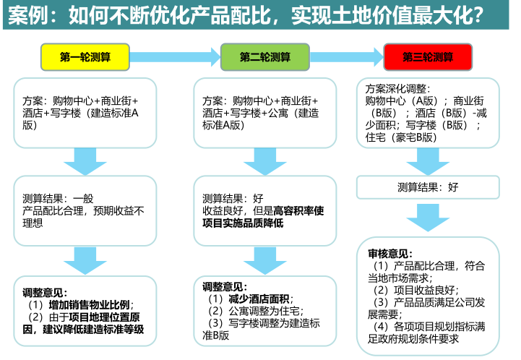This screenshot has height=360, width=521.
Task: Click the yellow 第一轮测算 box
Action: pos(85,57)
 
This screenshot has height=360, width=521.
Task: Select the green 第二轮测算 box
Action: pos(265,57)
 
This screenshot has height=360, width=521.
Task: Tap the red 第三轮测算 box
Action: pos(428,57)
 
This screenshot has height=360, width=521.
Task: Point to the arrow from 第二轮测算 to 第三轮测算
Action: pos(347,57)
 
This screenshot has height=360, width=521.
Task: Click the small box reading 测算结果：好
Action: pos(428,187)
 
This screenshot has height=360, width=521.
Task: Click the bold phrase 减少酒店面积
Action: pos(259,299)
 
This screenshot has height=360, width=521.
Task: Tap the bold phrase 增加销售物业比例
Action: pos(89,304)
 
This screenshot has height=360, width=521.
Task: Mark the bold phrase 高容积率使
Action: pos(298,211)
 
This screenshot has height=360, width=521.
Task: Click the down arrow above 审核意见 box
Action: pos(428,218)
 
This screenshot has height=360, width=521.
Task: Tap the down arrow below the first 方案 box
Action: pos(85,161)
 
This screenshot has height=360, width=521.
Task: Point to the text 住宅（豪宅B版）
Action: pos(401,137)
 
